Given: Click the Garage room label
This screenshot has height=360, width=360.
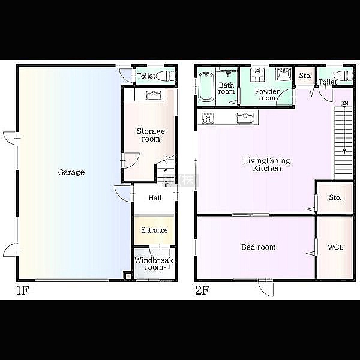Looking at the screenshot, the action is (x=71, y=172).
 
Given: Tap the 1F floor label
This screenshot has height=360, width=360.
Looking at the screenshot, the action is (x=23, y=290).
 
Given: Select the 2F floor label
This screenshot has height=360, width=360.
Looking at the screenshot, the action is (x=202, y=290).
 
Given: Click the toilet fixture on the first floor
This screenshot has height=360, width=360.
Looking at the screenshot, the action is (x=165, y=76).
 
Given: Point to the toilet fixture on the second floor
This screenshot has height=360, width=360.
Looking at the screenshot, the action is (x=343, y=76).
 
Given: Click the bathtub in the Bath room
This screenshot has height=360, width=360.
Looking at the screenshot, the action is (x=206, y=87).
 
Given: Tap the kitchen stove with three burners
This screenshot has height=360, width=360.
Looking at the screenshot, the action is (x=209, y=119).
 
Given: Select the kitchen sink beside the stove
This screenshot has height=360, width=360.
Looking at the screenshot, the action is (x=245, y=118).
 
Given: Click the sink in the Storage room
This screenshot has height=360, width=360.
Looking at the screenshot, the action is (x=154, y=95).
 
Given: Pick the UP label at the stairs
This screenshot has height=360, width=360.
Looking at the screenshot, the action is (x=166, y=185).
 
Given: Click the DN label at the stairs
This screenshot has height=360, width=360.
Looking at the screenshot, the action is (x=344, y=104).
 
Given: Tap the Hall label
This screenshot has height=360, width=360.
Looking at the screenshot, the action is (x=155, y=197).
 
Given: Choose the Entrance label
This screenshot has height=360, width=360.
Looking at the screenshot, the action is (x=154, y=230).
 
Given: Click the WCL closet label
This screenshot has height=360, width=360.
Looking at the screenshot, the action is (x=335, y=247).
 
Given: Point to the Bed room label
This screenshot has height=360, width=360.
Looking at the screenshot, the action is (x=258, y=247).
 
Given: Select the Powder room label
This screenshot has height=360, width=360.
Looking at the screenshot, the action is (x=267, y=95).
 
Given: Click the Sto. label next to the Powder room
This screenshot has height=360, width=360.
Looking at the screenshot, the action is (x=305, y=76).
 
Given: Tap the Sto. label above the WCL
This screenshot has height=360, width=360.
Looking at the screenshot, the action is (x=335, y=197).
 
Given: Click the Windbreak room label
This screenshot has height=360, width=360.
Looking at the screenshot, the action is (x=154, y=264).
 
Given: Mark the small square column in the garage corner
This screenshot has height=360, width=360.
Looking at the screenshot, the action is (x=127, y=275).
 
